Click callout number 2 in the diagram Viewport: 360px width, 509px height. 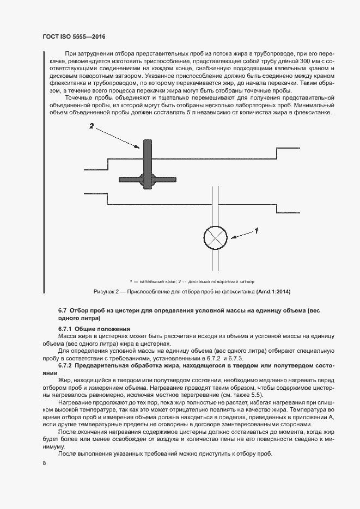pos(91,126)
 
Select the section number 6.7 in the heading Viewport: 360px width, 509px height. pos(63,310)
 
